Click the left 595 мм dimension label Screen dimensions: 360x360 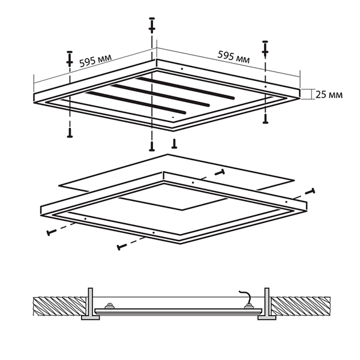(95, 60)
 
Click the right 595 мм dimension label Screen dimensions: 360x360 (234, 57)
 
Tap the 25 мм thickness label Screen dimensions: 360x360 (329, 95)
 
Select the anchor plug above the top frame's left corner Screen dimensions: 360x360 (70, 59)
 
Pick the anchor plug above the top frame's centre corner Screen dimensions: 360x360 (152, 25)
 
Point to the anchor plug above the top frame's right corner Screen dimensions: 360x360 (265, 49)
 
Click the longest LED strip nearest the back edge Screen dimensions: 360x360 (185, 88)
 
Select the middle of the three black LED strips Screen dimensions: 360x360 (160, 95)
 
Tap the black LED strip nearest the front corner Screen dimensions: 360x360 (136, 103)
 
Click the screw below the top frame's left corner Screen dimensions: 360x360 (70, 133)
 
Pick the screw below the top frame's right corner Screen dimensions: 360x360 (266, 119)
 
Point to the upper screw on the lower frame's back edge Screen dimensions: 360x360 (220, 172)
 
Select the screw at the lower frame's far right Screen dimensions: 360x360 (310, 191)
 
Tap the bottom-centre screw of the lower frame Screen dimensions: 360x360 (122, 247)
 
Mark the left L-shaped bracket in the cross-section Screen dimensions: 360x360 (90, 304)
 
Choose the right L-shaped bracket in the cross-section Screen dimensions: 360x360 (266, 304)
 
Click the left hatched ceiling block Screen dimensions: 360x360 (60, 306)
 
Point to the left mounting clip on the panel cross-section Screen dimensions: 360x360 (109, 306)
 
